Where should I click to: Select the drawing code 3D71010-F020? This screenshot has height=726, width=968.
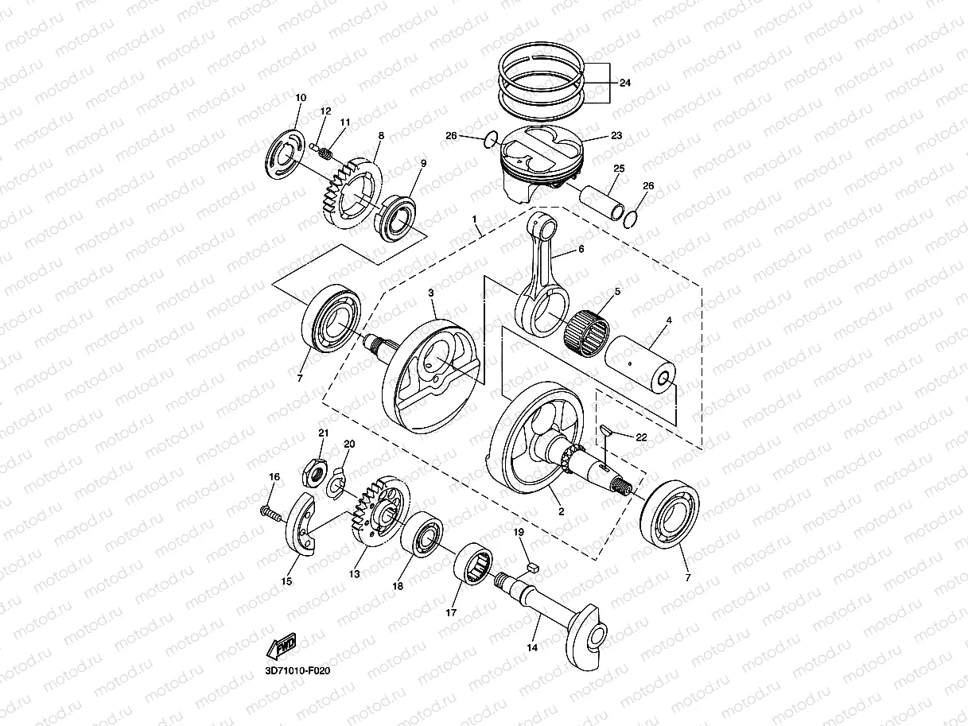(297, 671)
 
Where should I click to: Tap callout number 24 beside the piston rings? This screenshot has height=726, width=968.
(624, 82)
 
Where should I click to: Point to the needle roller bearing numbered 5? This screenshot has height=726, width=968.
(588, 329)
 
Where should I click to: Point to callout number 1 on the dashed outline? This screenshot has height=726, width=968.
(475, 218)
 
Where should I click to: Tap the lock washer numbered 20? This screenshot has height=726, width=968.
(337, 482)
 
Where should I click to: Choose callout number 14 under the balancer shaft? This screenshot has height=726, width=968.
(532, 648)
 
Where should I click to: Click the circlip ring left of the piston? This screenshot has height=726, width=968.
(491, 141)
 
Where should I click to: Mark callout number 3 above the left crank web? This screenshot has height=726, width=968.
(430, 293)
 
